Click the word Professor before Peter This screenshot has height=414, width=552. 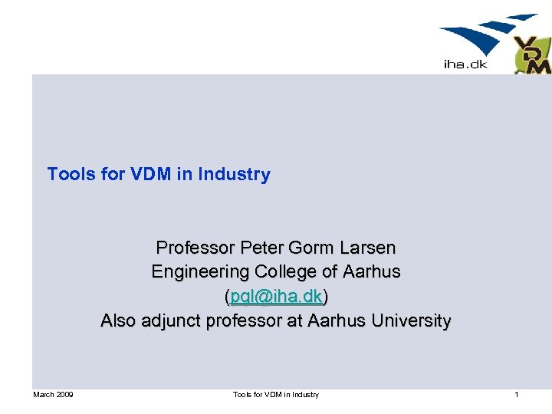(195, 248)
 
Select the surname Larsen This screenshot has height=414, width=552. (366, 248)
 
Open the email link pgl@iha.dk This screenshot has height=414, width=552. (276, 297)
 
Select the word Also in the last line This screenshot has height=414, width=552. (119, 321)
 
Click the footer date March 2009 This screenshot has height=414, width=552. (53, 395)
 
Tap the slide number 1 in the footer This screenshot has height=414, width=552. (517, 395)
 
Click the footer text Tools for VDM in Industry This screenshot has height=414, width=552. (276, 395)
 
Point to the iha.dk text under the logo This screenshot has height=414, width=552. (465, 64)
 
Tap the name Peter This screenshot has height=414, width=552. (261, 248)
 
